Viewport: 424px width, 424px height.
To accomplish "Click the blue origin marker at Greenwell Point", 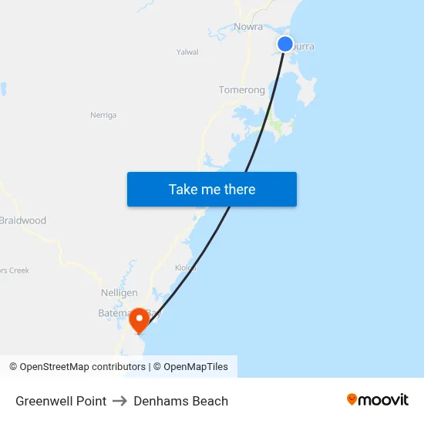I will click(x=285, y=44).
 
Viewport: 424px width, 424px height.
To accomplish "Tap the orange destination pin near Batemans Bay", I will click(x=140, y=319).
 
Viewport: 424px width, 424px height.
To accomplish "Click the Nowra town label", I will click(x=248, y=26).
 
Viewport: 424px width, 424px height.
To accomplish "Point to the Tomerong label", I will click(x=241, y=90).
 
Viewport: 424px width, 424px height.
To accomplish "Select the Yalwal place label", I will click(x=187, y=52).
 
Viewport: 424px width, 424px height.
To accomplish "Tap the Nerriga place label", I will click(x=103, y=115).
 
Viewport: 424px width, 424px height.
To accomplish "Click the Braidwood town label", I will click(x=22, y=220).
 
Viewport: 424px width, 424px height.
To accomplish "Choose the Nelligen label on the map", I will click(x=119, y=293).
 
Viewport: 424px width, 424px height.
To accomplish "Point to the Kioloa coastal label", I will click(x=186, y=268).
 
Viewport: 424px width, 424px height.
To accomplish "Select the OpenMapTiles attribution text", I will click(x=196, y=367).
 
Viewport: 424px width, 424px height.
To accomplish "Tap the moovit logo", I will click(x=378, y=399).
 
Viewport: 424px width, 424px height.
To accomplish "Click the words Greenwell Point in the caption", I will click(x=61, y=401).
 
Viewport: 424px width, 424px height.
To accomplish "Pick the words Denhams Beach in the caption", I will click(x=181, y=401).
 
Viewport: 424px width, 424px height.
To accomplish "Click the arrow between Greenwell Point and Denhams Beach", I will click(x=120, y=401).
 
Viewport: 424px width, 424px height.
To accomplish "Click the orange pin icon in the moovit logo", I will click(x=352, y=399).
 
